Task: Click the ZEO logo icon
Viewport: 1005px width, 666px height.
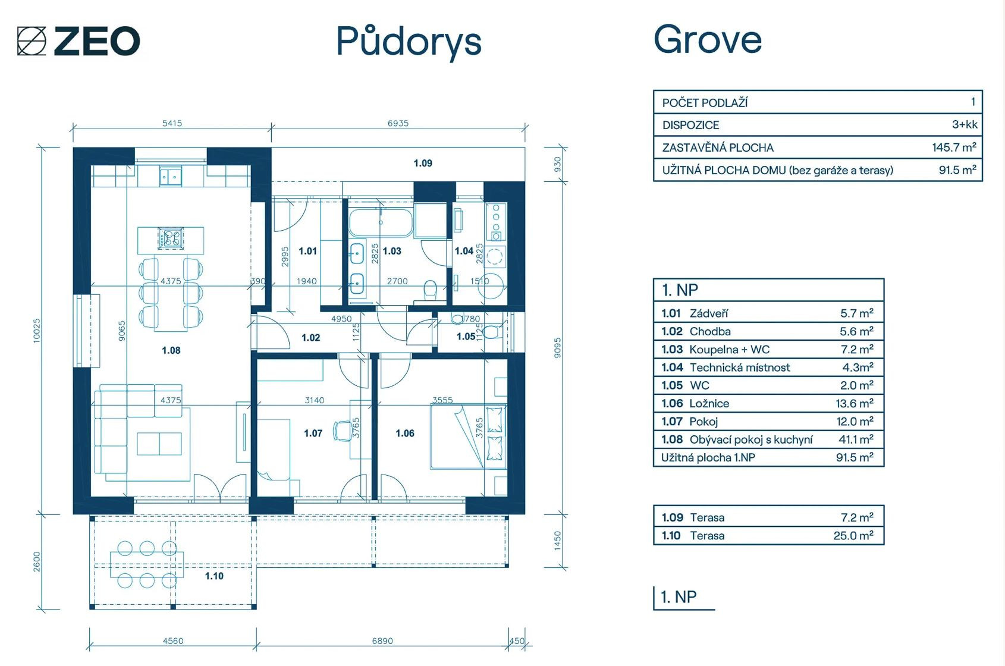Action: pyautogui.click(x=32, y=41)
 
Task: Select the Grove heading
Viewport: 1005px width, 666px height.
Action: pyautogui.click(x=708, y=39)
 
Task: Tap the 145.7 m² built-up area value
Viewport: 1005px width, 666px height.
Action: pyautogui.click(x=954, y=147)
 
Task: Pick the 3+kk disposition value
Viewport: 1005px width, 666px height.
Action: pyautogui.click(x=965, y=124)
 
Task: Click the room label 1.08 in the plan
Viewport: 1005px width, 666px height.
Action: pyautogui.click(x=171, y=350)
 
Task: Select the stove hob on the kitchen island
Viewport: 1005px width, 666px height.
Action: pyautogui.click(x=171, y=238)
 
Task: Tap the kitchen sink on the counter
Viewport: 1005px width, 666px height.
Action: pyautogui.click(x=171, y=177)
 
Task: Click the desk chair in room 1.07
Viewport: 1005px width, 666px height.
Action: pyautogui.click(x=343, y=431)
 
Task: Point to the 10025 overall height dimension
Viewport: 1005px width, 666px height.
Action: pyautogui.click(x=37, y=331)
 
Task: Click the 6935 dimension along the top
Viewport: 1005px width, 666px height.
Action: pyautogui.click(x=398, y=123)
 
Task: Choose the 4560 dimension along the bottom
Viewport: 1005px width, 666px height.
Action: pyautogui.click(x=172, y=641)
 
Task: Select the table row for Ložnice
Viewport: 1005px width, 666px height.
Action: pyautogui.click(x=768, y=403)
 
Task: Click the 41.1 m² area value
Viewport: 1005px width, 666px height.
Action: pyautogui.click(x=856, y=439)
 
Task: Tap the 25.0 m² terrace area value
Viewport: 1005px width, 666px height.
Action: pyautogui.click(x=853, y=535)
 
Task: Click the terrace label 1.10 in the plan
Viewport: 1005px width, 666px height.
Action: pyautogui.click(x=214, y=576)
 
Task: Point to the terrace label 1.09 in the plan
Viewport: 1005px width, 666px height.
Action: pyautogui.click(x=423, y=163)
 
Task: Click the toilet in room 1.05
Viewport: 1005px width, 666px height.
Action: pyautogui.click(x=492, y=332)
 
